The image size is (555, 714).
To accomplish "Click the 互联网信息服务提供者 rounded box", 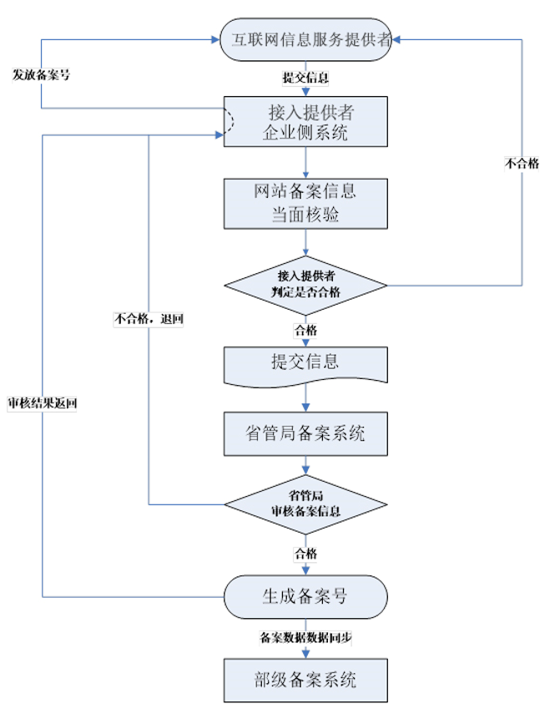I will (305, 40).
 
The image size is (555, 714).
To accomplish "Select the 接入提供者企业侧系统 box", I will (305, 121).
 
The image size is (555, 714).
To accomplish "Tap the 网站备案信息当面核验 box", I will (305, 202).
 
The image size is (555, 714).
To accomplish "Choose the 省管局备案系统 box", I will (305, 433).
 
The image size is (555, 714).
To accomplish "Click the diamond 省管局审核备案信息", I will (305, 504).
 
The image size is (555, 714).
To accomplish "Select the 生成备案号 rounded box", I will (305, 596).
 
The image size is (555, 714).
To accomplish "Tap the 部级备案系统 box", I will (305, 679).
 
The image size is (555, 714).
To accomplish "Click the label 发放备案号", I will (41, 73).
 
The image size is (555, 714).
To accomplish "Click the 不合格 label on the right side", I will (522, 164).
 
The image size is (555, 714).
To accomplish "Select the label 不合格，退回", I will (148, 318).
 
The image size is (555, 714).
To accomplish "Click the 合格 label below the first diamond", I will (305, 330).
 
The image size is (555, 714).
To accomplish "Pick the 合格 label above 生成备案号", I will (305, 553).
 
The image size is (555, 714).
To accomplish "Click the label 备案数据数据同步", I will (305, 638).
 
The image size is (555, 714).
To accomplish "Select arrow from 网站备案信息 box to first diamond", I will (305, 242).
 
